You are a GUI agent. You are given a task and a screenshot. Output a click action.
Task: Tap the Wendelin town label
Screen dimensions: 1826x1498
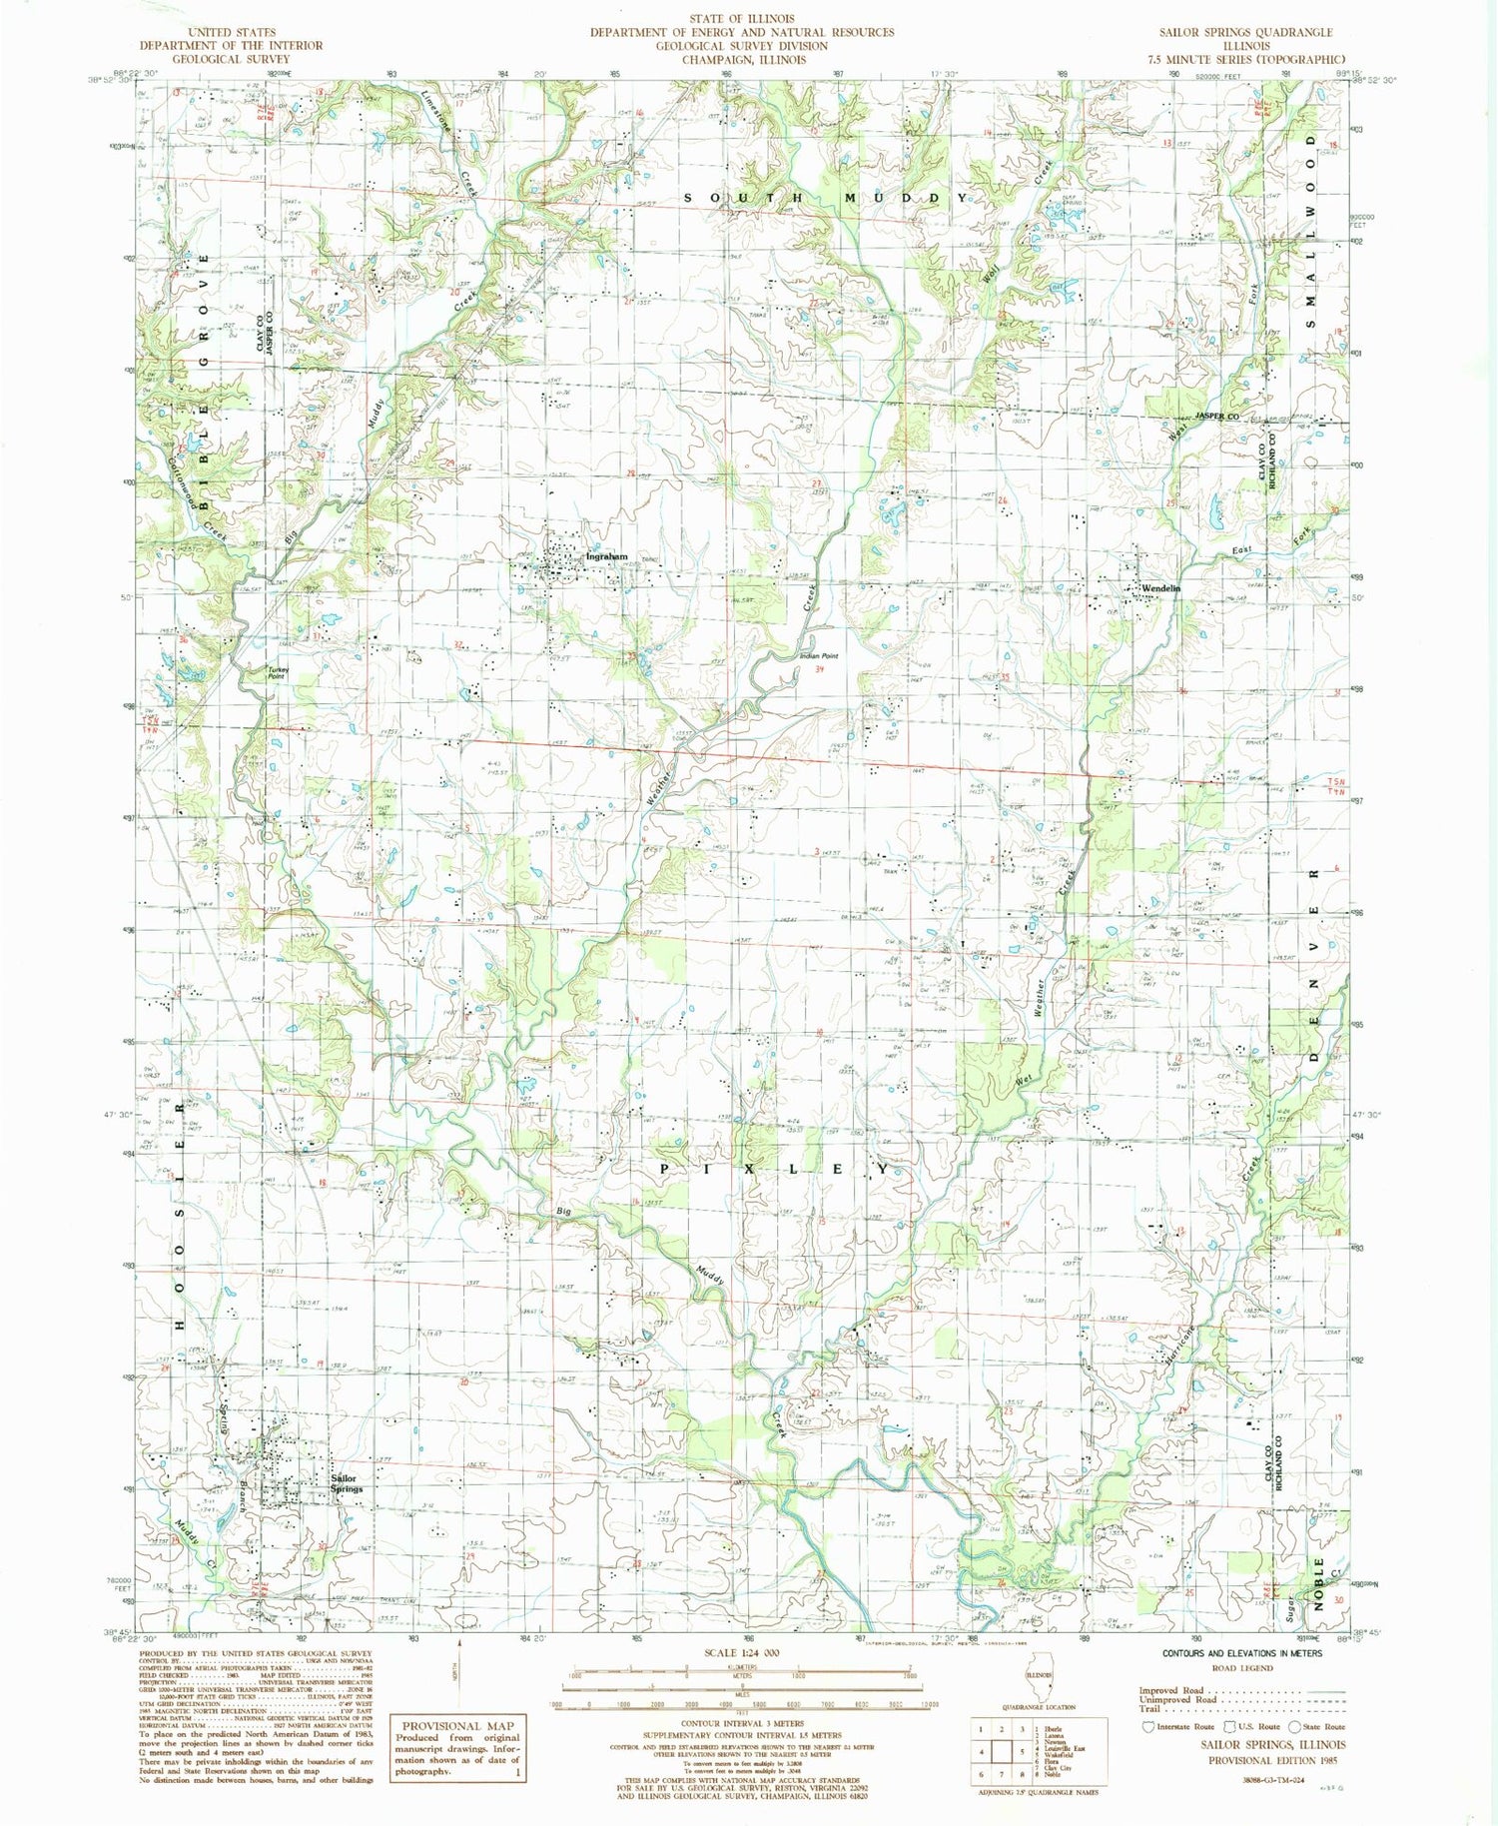tap(1161, 588)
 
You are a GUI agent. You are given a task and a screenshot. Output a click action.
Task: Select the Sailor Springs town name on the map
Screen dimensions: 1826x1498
tap(347, 1483)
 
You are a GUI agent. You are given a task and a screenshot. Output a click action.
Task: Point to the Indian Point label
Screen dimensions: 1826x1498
tap(818, 656)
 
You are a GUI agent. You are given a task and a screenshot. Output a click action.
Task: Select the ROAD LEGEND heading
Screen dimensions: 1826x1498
tap(1242, 1667)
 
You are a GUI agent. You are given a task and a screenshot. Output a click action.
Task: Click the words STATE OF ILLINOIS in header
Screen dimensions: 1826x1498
tap(741, 19)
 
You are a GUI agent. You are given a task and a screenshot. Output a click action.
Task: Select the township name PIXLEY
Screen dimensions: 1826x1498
tap(774, 1168)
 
